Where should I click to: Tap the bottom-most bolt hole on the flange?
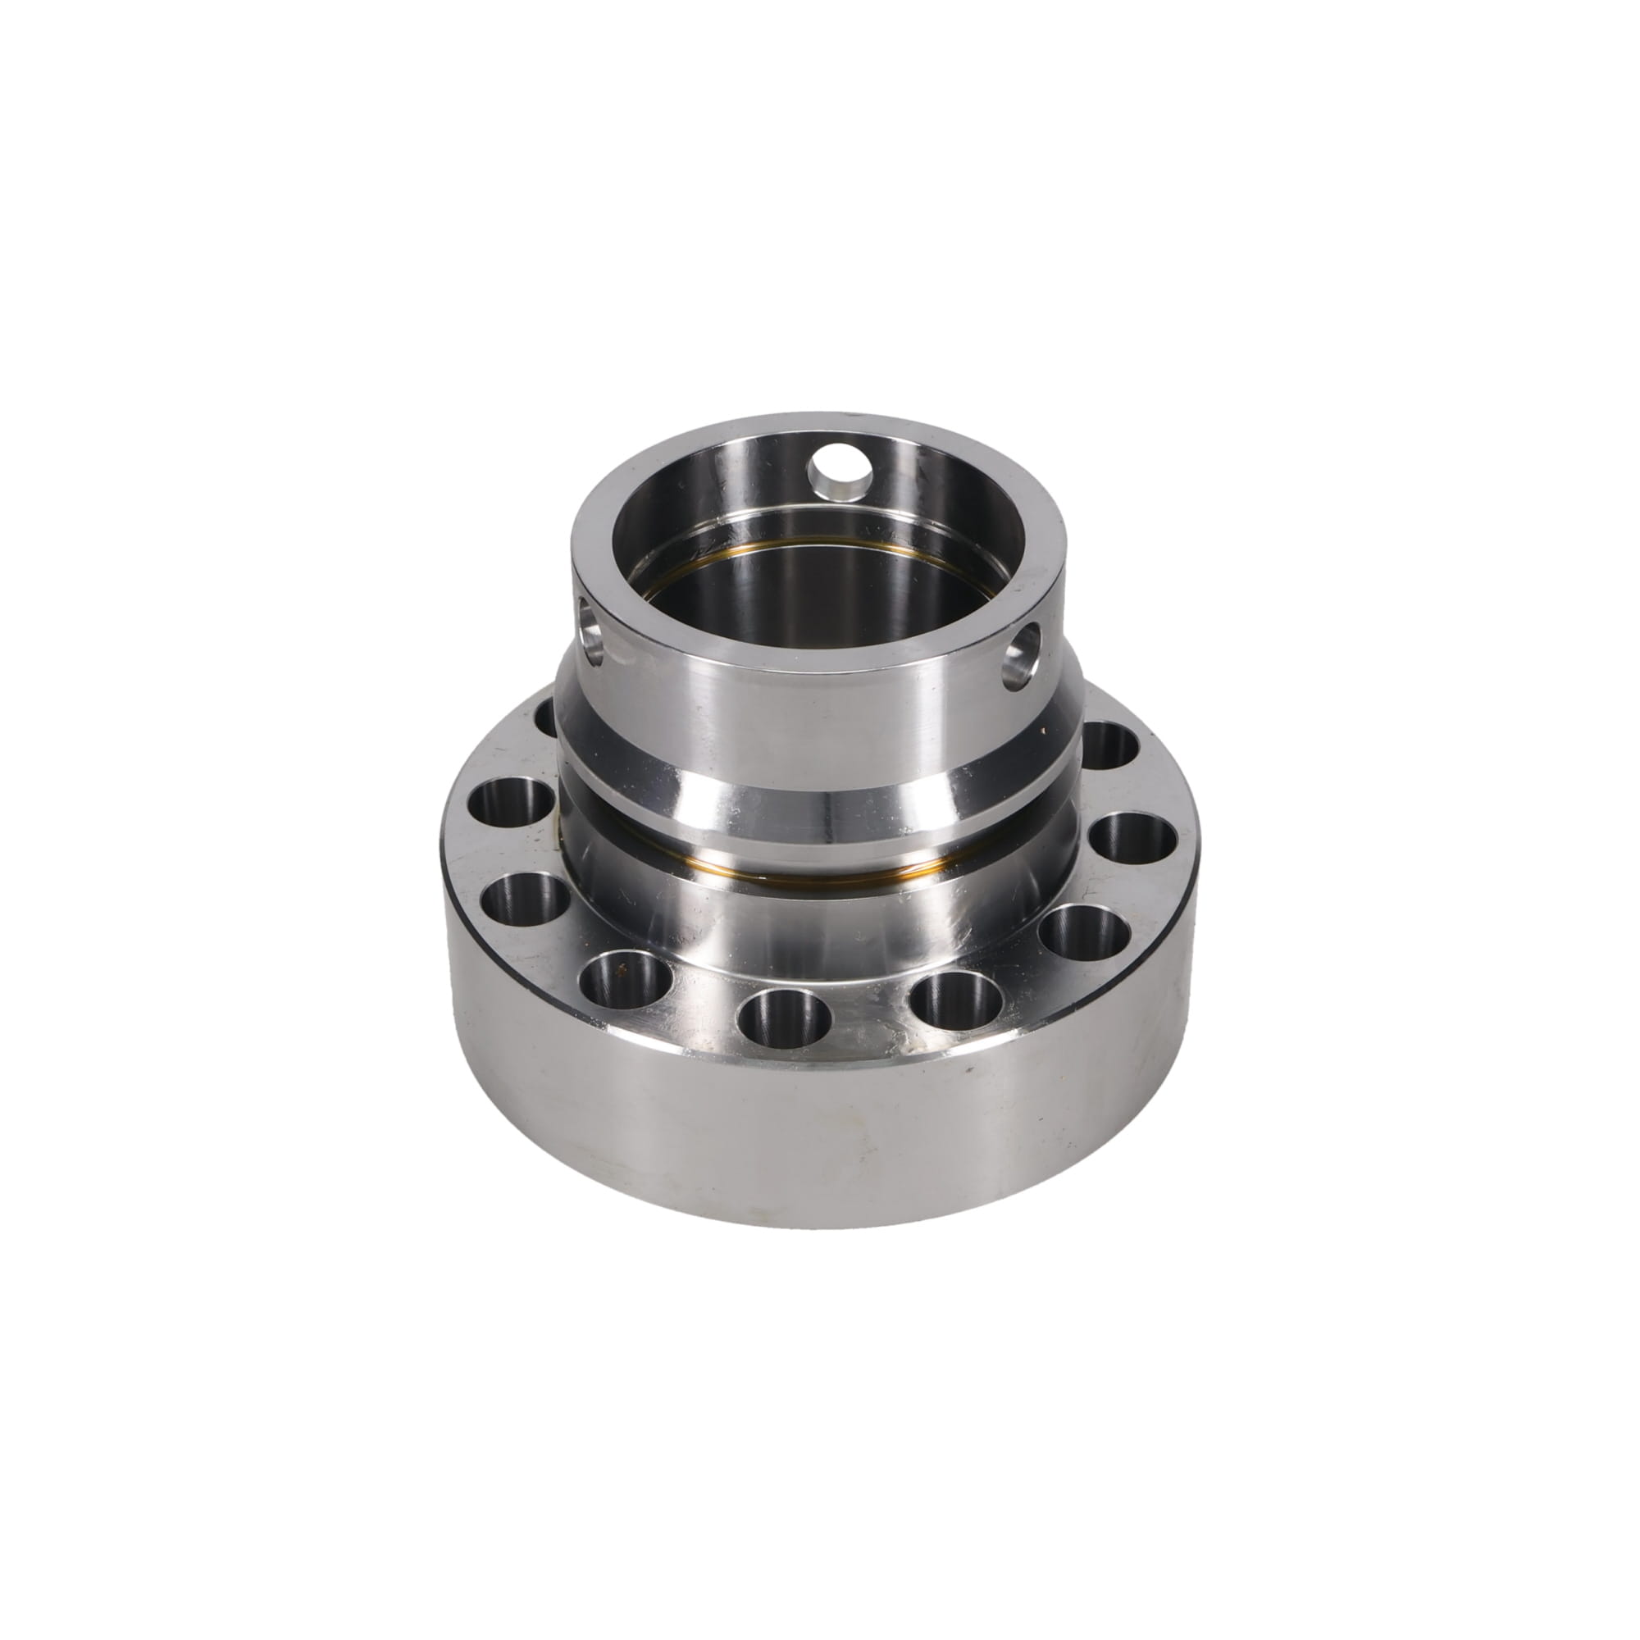[782, 1017]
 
